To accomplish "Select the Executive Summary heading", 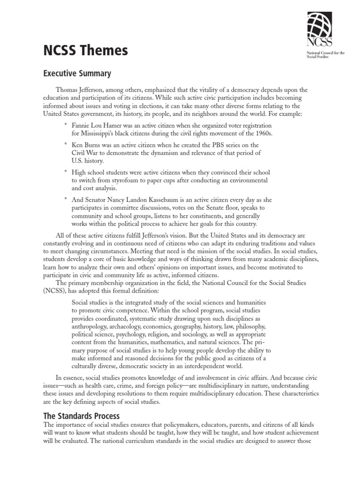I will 77,73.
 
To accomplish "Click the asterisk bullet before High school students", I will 66,172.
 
